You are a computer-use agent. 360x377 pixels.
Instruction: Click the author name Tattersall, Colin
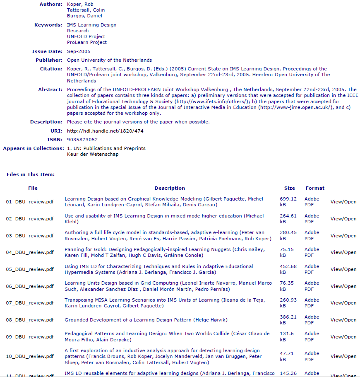pos(86,10)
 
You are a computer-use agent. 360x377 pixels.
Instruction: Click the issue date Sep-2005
pos(79,51)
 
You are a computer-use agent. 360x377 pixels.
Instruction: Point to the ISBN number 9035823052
pos(82,140)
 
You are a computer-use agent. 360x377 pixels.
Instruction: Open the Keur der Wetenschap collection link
pos(93,154)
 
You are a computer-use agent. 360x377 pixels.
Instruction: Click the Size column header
pos(290,188)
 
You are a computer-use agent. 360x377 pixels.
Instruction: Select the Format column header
pos(315,188)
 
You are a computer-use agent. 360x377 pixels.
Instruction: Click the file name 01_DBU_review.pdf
pos(30,202)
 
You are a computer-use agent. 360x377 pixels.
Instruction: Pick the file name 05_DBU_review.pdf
pos(30,269)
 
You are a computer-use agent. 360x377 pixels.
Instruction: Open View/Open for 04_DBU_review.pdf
pos(343,252)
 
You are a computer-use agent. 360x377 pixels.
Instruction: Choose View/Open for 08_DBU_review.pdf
pos(343,320)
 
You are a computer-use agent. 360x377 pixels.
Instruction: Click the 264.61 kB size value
pos(288,219)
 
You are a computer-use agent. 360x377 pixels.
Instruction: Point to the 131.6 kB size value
pos(286,336)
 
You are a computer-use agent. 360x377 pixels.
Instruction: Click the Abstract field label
pos(50,89)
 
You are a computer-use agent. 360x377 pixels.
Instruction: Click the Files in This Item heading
pos(31,174)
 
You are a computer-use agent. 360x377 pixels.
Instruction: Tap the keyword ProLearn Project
pos(87,42)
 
